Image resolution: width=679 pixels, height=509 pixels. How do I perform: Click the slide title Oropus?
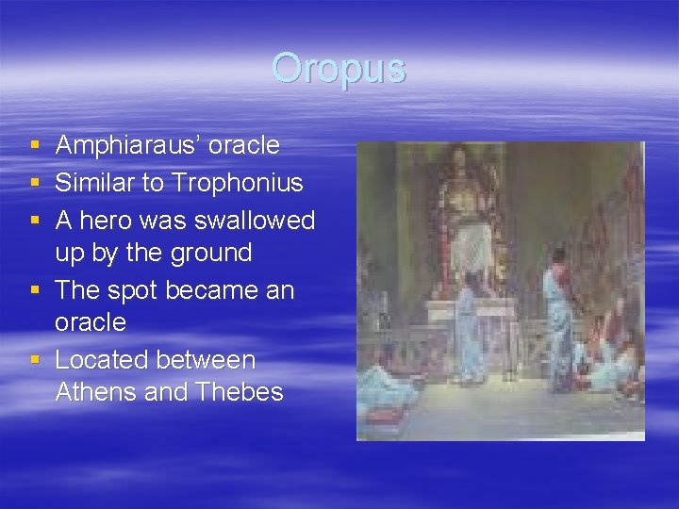[x=339, y=69]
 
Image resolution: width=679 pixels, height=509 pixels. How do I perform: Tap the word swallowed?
[x=257, y=221]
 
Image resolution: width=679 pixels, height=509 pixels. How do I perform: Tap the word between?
[x=207, y=360]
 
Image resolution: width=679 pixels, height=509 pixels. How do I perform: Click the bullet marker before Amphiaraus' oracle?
[x=34, y=146]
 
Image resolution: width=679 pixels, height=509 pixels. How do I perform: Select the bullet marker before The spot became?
[x=34, y=291]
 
